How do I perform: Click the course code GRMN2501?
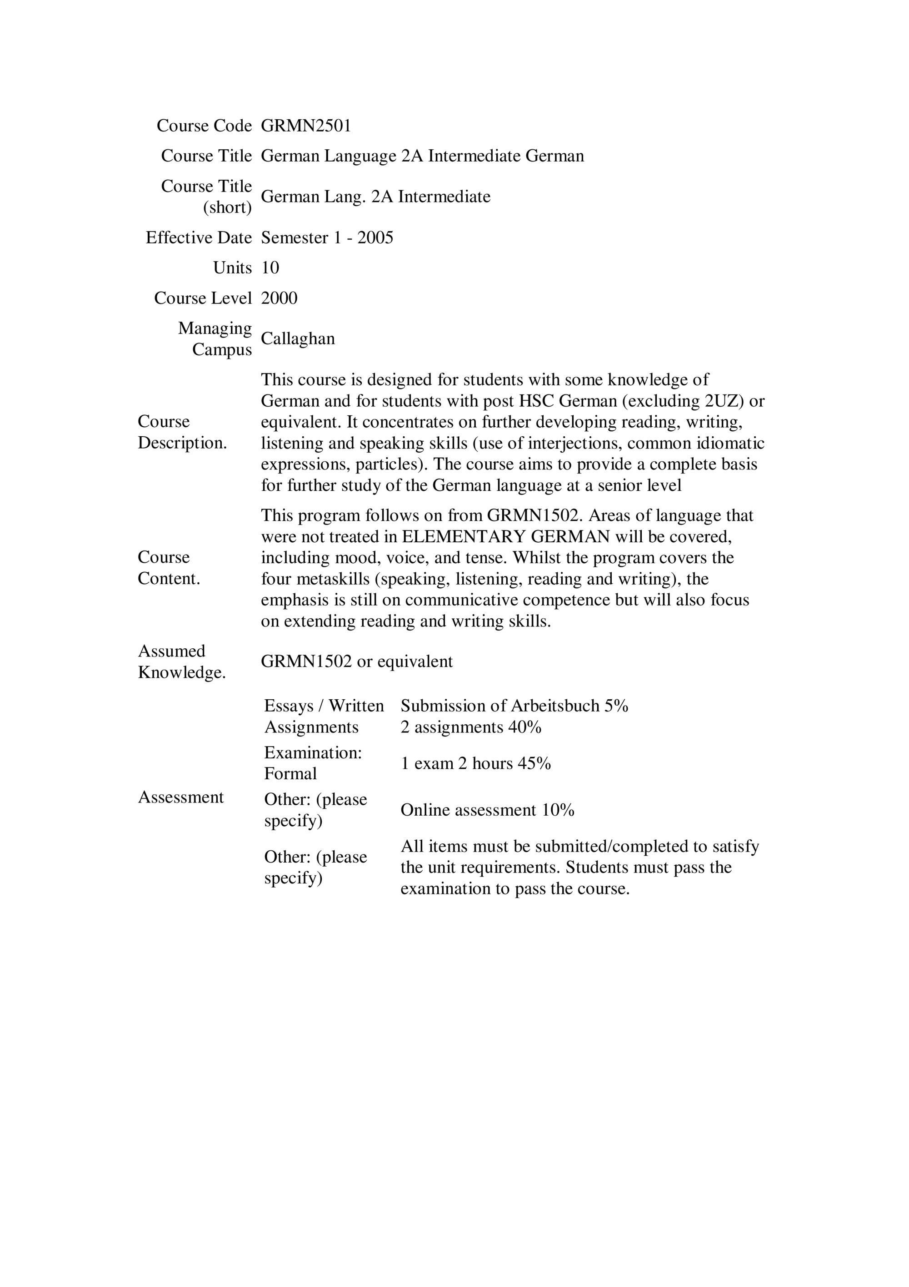coord(306,126)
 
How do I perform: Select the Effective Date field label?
coord(198,237)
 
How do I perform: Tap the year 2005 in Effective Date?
coord(375,237)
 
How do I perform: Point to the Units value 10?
coord(270,268)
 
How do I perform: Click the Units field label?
coord(232,268)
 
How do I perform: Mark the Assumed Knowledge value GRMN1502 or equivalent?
coord(356,661)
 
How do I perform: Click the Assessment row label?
coord(180,797)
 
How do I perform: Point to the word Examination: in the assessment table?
coord(313,753)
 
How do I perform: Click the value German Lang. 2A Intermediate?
coord(375,197)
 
